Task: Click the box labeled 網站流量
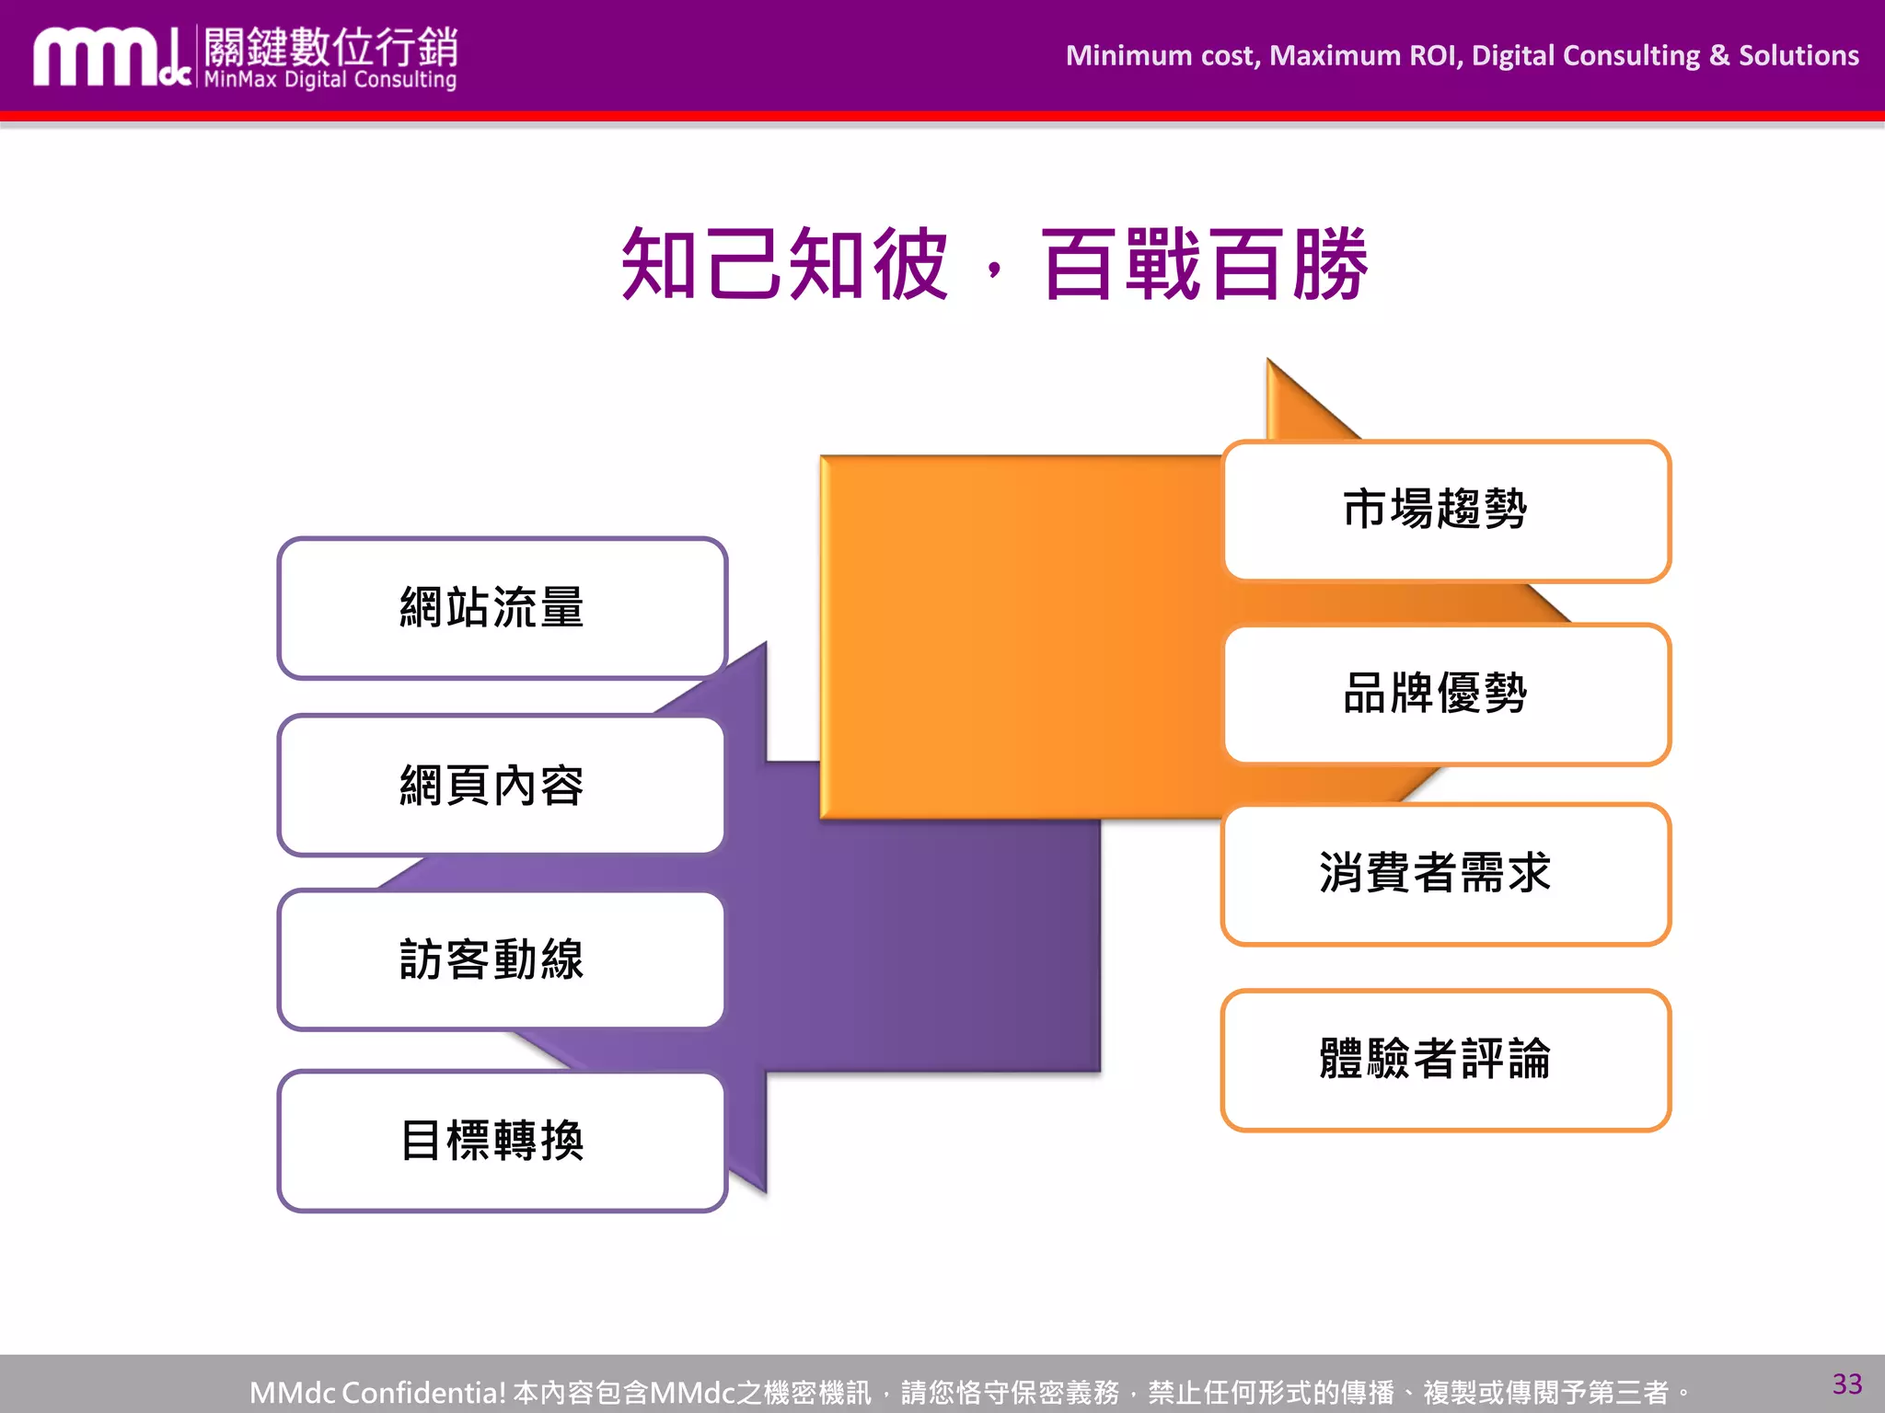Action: click(x=502, y=608)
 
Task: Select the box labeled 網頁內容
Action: click(x=502, y=786)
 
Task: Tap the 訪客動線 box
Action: click(x=502, y=959)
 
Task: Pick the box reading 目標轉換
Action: click(x=502, y=1141)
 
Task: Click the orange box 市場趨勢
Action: click(x=1445, y=511)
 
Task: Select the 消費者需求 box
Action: click(x=1445, y=874)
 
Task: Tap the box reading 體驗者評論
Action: click(x=1445, y=1060)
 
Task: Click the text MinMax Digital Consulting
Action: click(x=330, y=80)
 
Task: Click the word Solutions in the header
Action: click(x=1798, y=56)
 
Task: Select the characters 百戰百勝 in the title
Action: click(x=1204, y=265)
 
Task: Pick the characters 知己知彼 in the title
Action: click(x=784, y=265)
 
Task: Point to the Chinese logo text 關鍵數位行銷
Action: click(x=330, y=46)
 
